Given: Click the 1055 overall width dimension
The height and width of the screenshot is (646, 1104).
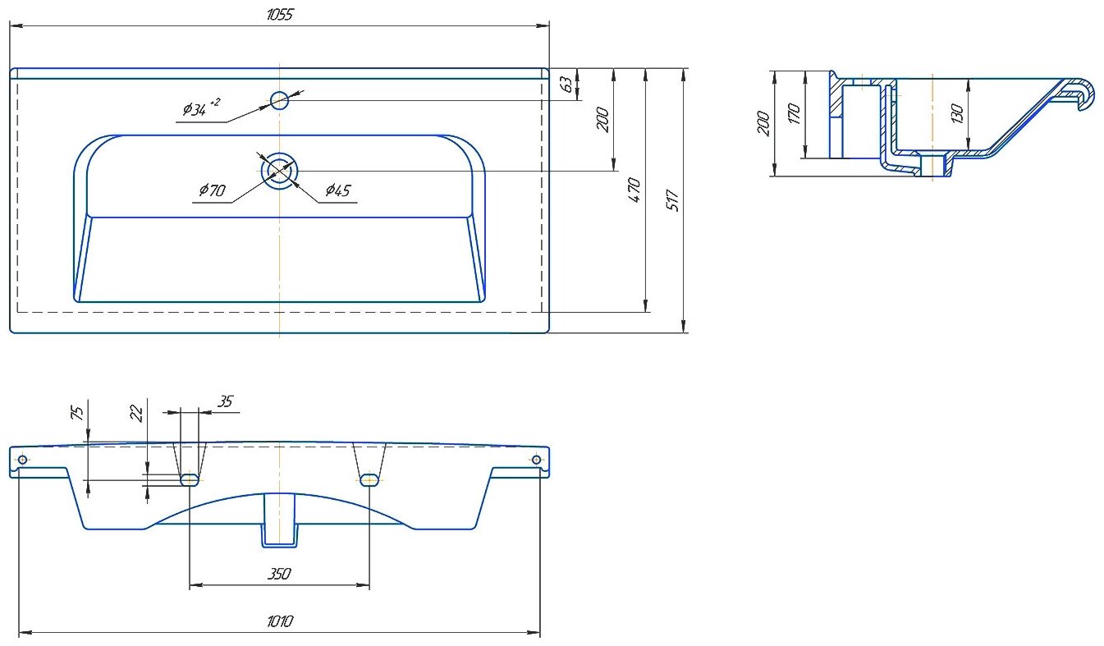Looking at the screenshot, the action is tap(280, 15).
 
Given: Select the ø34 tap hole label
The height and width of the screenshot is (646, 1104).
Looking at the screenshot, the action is tap(199, 108).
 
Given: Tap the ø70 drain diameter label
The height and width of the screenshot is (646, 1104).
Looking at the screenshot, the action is tap(212, 190).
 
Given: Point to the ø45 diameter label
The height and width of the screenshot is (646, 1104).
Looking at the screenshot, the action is tap(337, 190).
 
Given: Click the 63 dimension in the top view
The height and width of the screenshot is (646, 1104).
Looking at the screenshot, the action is tap(565, 83).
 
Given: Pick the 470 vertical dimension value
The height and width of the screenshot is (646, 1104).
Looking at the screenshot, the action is tap(634, 190).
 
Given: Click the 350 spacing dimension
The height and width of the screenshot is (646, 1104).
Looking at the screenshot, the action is tap(280, 575).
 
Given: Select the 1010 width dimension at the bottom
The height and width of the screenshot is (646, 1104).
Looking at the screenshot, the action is tap(280, 622).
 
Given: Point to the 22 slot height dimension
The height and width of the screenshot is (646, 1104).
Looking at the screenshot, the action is tap(137, 412).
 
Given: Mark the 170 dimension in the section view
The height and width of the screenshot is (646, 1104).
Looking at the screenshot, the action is tap(793, 113).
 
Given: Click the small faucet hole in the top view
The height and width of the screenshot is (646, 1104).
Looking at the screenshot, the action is tap(280, 100).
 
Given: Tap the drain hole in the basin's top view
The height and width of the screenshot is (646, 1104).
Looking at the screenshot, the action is tap(280, 171).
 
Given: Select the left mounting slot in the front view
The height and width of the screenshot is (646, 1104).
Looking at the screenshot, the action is tap(190, 479).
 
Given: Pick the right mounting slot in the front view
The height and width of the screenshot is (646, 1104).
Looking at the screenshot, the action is tap(369, 479).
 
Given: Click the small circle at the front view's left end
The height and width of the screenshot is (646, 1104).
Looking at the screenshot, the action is tap(22, 459).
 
